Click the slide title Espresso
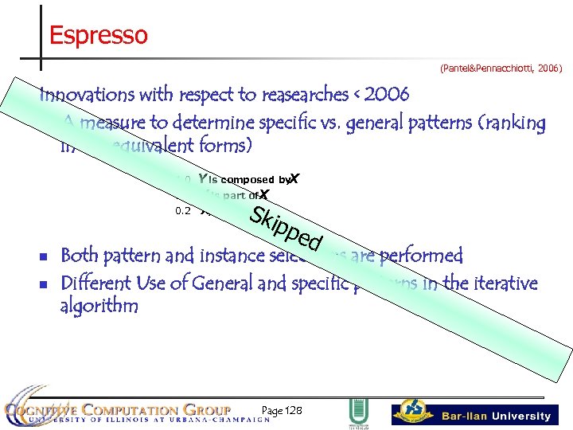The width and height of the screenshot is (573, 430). coord(98,36)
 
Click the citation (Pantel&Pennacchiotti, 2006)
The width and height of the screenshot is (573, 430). coord(501,69)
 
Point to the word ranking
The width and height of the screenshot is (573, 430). coord(519,123)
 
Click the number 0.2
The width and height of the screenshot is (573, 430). coord(183,211)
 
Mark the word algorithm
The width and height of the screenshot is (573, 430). coord(99,307)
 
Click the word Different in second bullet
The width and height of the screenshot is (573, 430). coord(98,283)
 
